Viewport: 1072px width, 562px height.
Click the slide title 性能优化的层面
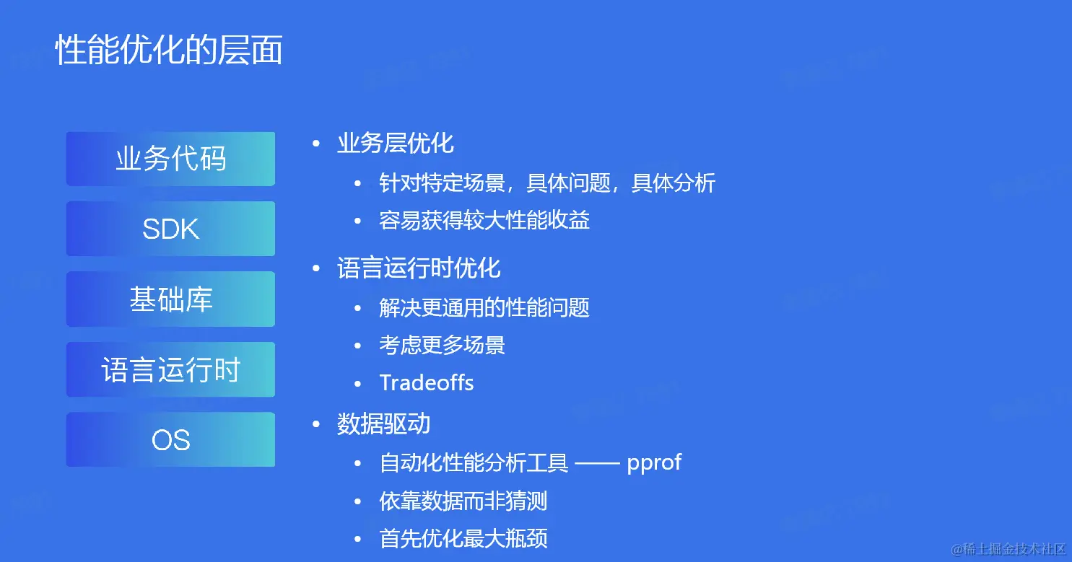(169, 51)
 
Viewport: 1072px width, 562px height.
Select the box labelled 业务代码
(170, 159)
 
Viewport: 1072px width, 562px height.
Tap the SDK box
(170, 229)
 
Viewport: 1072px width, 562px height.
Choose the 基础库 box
(170, 299)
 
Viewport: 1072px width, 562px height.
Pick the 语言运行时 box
(170, 369)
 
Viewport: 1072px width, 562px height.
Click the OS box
(170, 439)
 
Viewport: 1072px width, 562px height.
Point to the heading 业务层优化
(396, 143)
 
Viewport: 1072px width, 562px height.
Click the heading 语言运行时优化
(419, 268)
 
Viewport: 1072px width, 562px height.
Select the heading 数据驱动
(384, 423)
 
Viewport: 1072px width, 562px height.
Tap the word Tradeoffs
(427, 382)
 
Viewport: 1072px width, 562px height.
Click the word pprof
(654, 462)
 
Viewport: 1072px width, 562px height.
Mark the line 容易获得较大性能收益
(484, 220)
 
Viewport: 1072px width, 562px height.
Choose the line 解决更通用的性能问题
(484, 307)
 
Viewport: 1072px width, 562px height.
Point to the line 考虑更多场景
(442, 345)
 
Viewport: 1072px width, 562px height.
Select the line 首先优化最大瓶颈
(463, 538)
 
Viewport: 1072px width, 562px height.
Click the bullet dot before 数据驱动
(315, 424)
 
